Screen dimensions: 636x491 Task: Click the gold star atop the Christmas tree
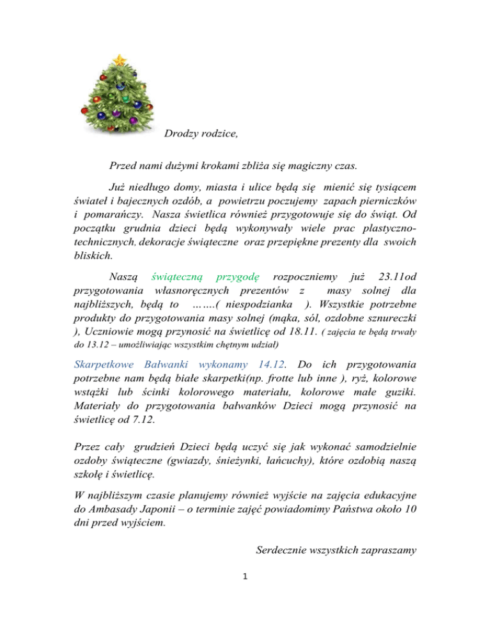tap(119, 60)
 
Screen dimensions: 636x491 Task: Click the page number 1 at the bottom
tap(246, 575)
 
